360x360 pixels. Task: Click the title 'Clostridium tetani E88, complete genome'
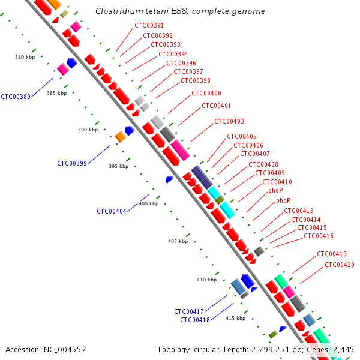coord(180,11)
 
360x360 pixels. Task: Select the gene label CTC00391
coord(149,25)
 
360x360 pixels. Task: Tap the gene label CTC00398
coord(196,80)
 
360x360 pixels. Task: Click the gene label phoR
coord(283,200)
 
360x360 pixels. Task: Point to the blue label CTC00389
coord(16,97)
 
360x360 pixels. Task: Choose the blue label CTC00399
coord(72,163)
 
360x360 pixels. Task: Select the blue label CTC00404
coord(112,211)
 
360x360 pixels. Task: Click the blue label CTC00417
coord(189,311)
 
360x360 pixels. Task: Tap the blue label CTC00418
coord(195,320)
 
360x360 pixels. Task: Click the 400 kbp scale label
coord(148,203)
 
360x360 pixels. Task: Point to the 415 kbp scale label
coord(235,318)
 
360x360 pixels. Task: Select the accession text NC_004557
coord(46,349)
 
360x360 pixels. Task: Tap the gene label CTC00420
coord(340,265)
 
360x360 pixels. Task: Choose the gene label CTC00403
coord(229,121)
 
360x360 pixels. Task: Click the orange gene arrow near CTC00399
coord(120,137)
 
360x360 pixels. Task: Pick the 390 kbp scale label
coord(88,130)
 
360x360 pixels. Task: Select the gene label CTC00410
coord(277,182)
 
